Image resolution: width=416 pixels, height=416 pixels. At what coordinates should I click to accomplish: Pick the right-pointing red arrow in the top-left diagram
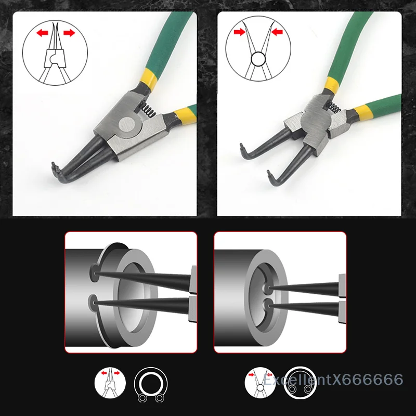tap(68, 33)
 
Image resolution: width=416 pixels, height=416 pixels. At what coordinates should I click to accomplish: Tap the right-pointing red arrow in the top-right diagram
tap(240, 32)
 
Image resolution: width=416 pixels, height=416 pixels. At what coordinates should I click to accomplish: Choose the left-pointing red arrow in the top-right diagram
tap(277, 32)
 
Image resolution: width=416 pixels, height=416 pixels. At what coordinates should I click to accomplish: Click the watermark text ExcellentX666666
tap(333, 380)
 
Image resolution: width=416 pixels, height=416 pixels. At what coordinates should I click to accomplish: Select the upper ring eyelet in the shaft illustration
tap(95, 271)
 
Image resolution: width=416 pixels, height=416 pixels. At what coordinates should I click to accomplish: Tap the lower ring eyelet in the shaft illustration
tap(94, 301)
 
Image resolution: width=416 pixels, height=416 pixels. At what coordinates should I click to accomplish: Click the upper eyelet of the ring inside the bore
tap(266, 287)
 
